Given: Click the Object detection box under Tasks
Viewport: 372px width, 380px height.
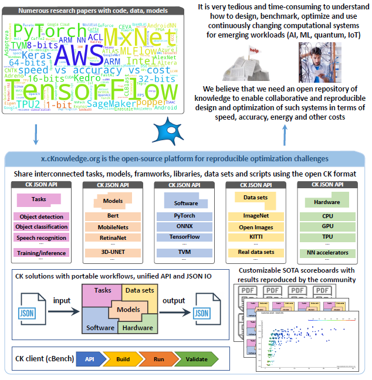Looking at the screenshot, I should pyautogui.click(x=41, y=216).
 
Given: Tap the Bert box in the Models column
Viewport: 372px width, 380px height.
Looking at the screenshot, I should pyautogui.click(x=113, y=216).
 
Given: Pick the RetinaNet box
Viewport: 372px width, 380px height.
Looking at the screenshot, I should pyautogui.click(x=113, y=238).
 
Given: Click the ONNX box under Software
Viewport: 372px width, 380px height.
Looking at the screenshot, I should pyautogui.click(x=185, y=227).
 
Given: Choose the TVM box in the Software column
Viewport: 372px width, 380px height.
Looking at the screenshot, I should pyautogui.click(x=185, y=252).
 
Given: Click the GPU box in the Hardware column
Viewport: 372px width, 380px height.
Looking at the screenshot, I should pyautogui.click(x=328, y=227).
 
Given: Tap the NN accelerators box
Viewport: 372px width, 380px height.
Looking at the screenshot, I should pyautogui.click(x=328, y=253).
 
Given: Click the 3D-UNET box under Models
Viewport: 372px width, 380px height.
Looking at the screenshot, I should pyautogui.click(x=113, y=252).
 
